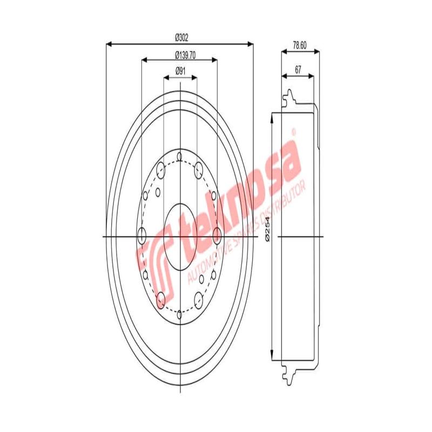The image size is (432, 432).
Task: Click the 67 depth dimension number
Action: tap(298, 69)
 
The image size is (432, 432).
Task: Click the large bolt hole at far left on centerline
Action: tap(143, 235)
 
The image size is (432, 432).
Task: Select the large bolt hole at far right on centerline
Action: tap(217, 235)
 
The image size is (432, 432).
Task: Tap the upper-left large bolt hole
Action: tap(160, 171)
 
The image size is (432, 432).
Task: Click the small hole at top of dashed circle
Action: tap(179, 156)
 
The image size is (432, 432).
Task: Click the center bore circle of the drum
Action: tap(179, 235)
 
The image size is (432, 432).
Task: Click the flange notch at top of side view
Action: tap(288, 97)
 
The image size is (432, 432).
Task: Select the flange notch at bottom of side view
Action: tap(288, 373)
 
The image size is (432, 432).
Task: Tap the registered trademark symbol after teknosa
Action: tap(295, 131)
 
